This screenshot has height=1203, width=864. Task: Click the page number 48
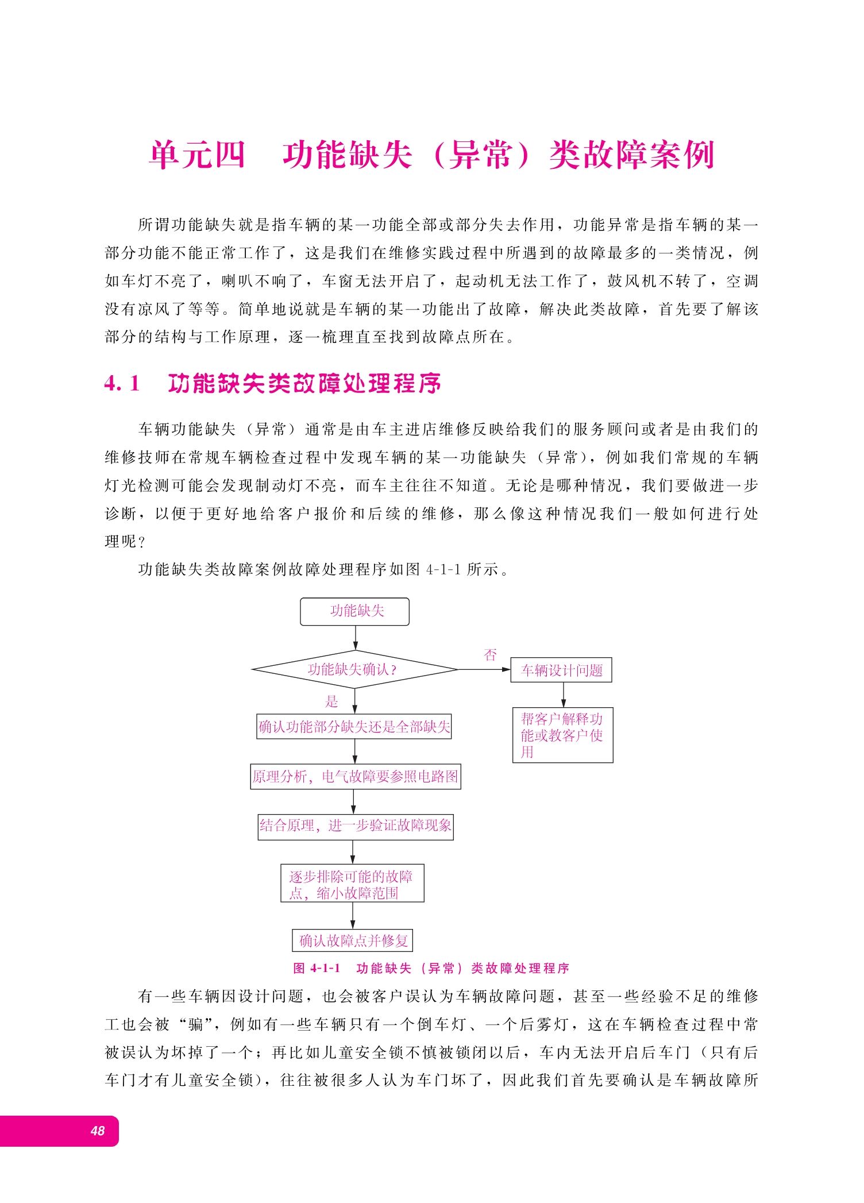[x=98, y=1131]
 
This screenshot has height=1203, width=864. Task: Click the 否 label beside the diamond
[x=490, y=655]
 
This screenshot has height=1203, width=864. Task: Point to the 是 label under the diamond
[x=331, y=701]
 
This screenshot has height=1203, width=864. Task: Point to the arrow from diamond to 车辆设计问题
[x=484, y=669]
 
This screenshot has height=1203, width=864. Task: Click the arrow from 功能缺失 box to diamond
[x=356, y=638]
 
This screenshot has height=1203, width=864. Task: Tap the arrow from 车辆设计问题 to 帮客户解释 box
[x=564, y=695]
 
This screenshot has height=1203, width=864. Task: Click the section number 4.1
[x=122, y=383]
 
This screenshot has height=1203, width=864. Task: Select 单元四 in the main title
[x=197, y=155]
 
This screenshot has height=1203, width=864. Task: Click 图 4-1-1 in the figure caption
[x=317, y=969]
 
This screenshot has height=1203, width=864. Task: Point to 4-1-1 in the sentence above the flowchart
[x=443, y=569]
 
